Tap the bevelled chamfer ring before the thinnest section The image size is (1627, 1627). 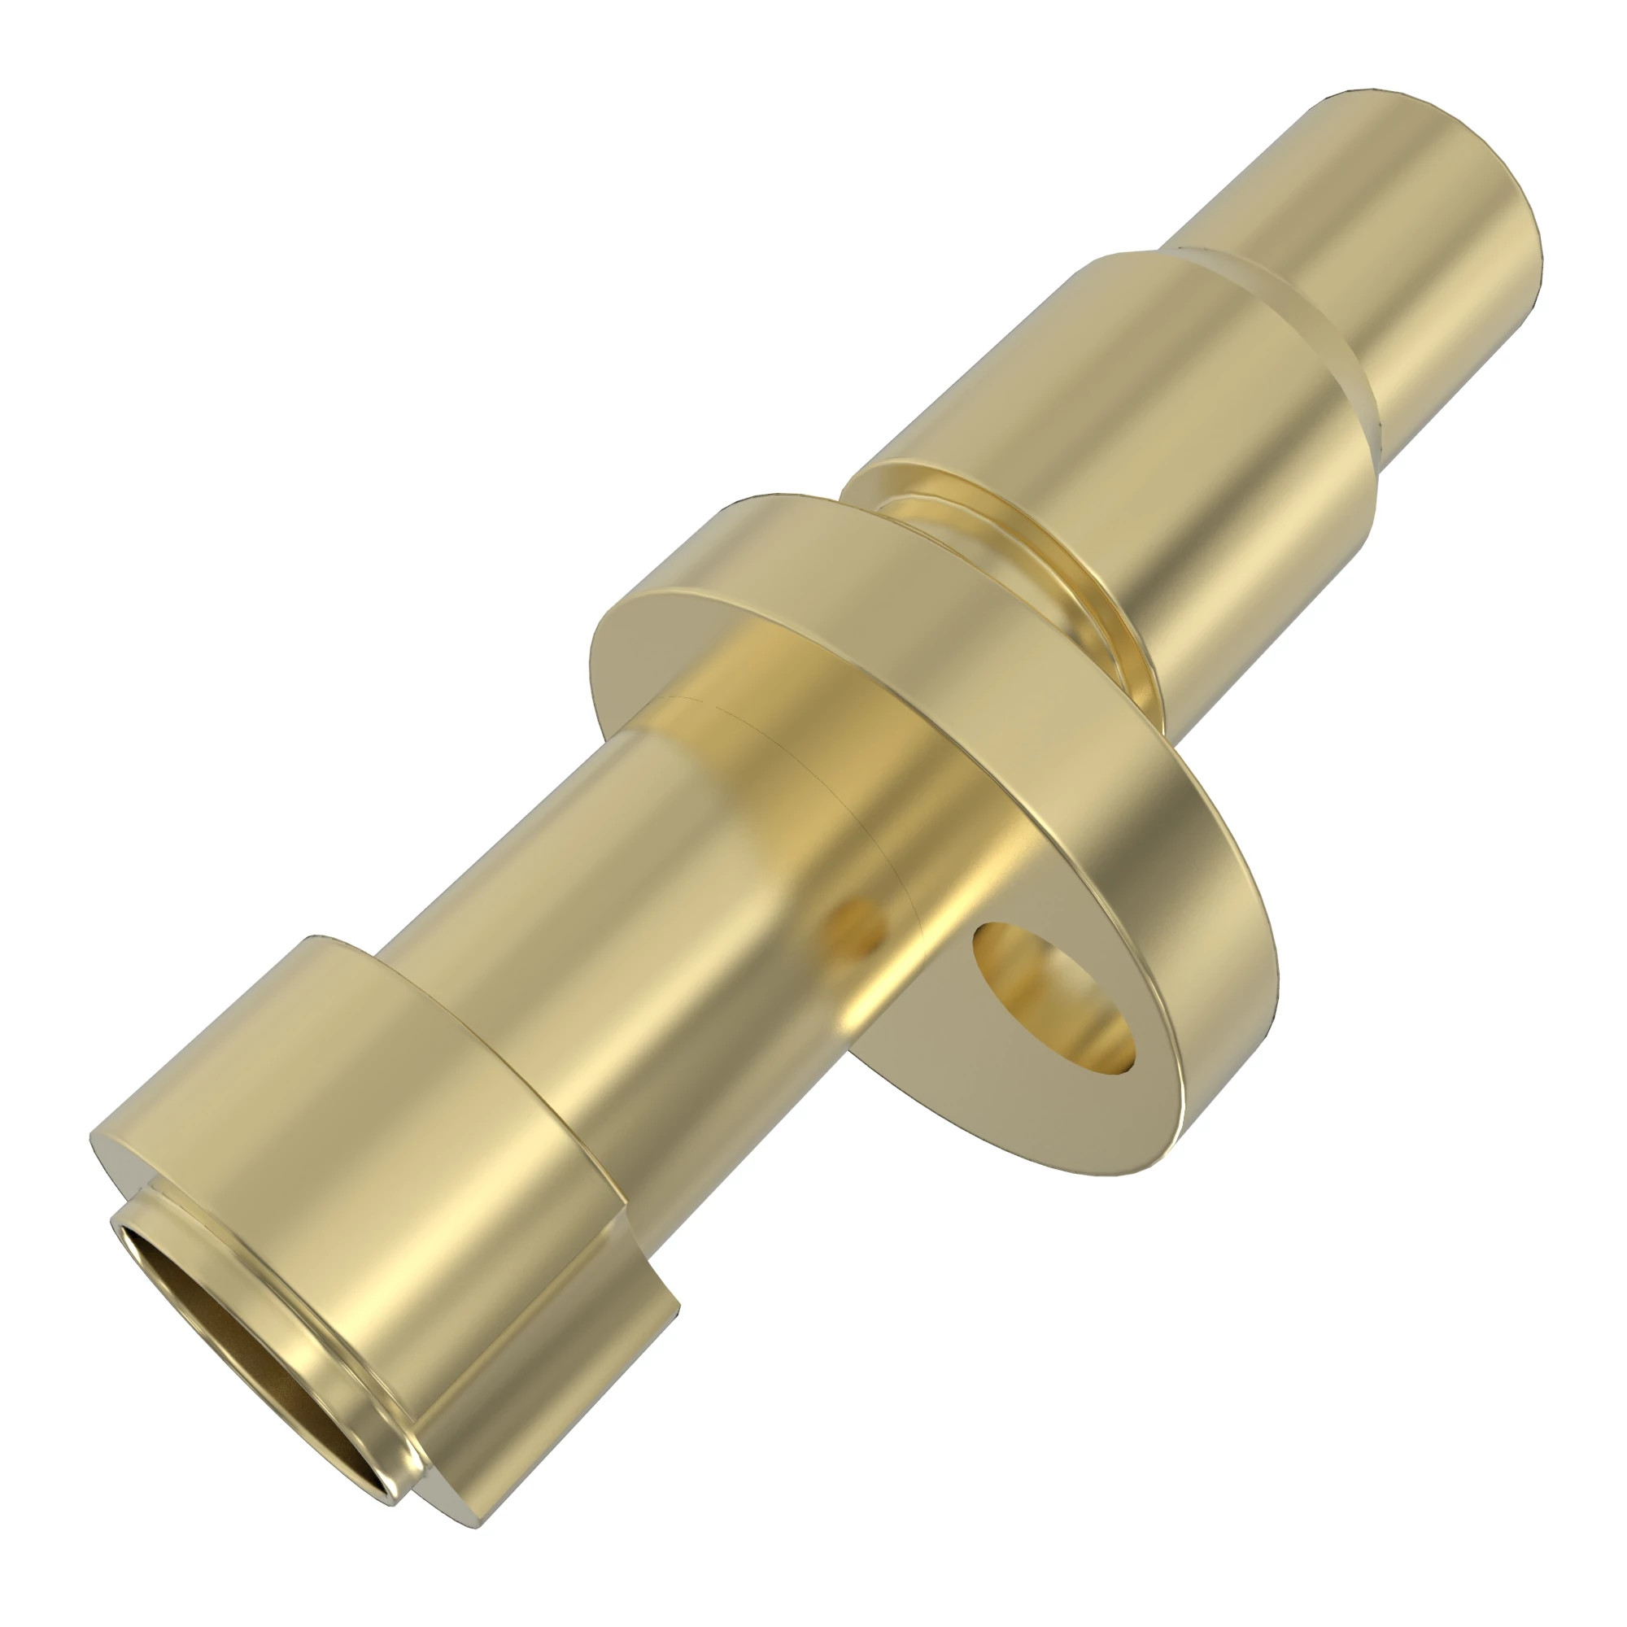(x=1314, y=337)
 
